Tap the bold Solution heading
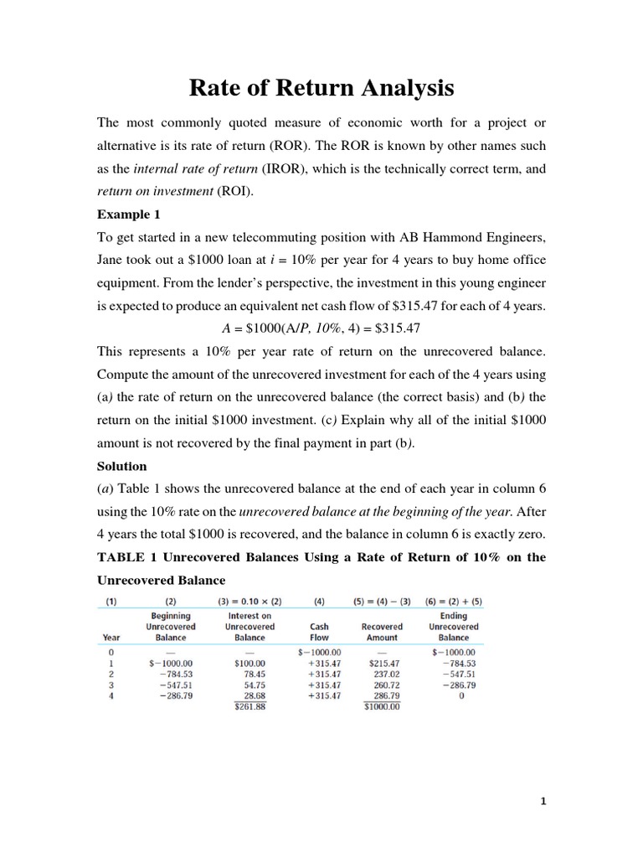point(122,465)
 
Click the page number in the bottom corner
point(543,801)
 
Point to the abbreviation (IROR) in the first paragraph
point(287,168)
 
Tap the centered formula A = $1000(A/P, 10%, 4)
point(321,328)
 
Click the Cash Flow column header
point(318,631)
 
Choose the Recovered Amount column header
point(382,631)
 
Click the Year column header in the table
point(111,637)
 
